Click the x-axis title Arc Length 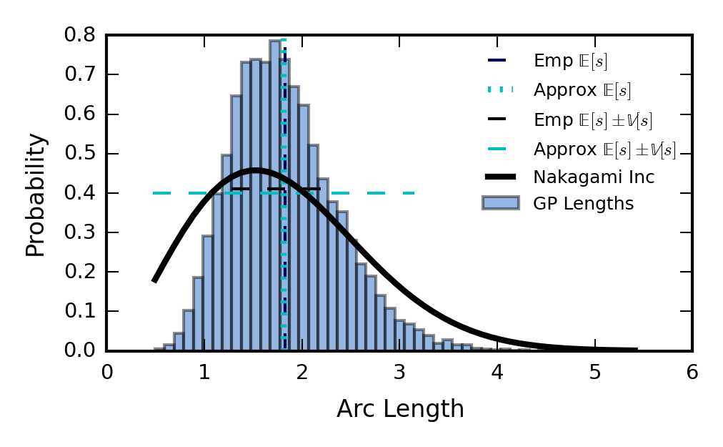(400, 408)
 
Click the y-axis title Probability (36, 195)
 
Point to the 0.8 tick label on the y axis (80, 34)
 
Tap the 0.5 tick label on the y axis (80, 153)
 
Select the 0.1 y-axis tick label (80, 311)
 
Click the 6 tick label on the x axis (692, 372)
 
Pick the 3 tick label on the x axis (399, 372)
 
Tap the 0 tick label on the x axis (107, 372)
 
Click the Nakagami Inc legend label (594, 177)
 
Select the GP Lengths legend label (583, 204)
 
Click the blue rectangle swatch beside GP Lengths (501, 203)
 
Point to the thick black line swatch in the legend (501, 177)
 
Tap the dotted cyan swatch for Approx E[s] (500, 89)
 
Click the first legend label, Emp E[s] (570, 61)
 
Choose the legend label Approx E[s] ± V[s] (604, 149)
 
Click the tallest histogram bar (275, 195)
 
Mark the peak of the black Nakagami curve (256, 170)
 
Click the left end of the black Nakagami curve (155, 280)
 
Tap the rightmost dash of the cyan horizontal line (409, 193)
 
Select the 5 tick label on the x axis (595, 372)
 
